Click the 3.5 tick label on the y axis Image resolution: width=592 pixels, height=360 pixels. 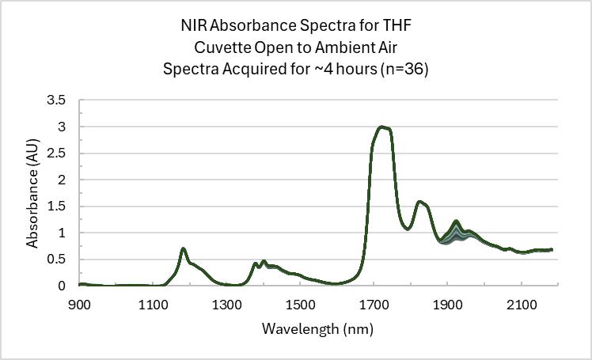(55, 100)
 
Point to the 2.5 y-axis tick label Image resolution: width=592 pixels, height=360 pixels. (55, 153)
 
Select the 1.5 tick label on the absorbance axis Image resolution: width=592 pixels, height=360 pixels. (55, 207)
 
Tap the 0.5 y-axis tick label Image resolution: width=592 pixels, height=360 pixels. (55, 260)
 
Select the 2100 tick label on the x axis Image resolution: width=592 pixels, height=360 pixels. (521, 304)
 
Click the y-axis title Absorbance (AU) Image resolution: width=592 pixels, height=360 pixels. (32, 192)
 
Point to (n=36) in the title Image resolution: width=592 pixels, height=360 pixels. (404, 69)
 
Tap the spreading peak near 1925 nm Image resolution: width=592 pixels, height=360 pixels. (456, 222)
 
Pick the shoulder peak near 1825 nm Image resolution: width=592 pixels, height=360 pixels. (419, 202)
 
